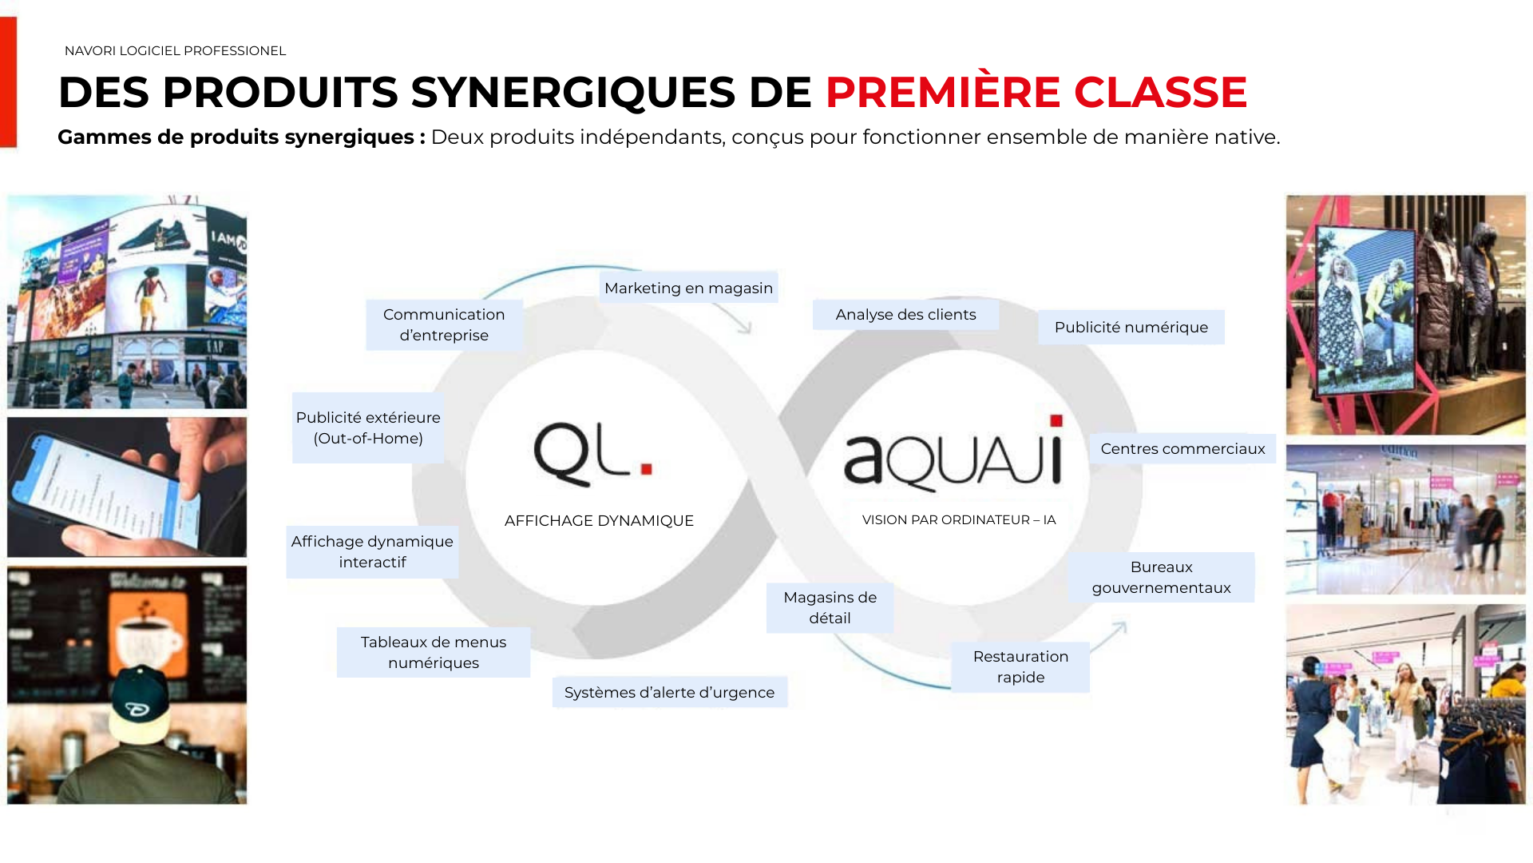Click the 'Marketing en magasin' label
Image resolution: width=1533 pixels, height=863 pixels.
(x=688, y=288)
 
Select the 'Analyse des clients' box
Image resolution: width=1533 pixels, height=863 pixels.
(x=905, y=315)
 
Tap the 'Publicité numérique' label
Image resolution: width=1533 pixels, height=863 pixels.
(x=1131, y=328)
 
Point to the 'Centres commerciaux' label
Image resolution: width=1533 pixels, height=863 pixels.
(x=1182, y=449)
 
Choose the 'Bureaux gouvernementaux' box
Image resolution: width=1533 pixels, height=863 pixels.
(x=1161, y=577)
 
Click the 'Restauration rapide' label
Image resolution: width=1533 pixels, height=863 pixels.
(x=1020, y=666)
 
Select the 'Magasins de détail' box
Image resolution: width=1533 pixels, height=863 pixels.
(x=830, y=607)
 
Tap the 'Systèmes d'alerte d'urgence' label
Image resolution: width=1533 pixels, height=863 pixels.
(x=669, y=692)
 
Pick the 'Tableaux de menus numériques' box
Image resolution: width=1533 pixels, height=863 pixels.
(x=433, y=652)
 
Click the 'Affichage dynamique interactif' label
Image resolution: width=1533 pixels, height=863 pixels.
(x=372, y=551)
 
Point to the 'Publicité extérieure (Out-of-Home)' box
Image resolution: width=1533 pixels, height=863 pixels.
(x=368, y=428)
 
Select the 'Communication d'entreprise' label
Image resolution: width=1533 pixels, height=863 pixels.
(x=444, y=324)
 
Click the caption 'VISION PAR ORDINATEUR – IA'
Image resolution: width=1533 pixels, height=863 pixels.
(x=959, y=520)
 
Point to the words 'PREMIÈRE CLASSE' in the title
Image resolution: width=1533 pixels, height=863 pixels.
(x=1036, y=92)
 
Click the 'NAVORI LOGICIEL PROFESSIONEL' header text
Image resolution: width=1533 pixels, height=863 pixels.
(x=175, y=51)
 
